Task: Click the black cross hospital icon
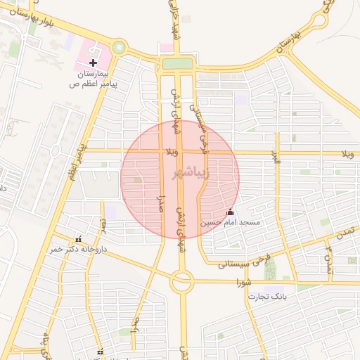click(x=94, y=63)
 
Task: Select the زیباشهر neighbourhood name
click(x=180, y=172)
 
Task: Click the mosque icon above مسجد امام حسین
click(x=230, y=212)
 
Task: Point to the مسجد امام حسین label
click(x=231, y=222)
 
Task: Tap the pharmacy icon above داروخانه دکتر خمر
click(x=78, y=239)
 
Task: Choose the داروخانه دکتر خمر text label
click(x=77, y=249)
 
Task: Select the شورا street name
click(x=243, y=283)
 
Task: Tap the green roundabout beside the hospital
click(x=119, y=48)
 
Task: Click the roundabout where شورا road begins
click(x=181, y=282)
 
